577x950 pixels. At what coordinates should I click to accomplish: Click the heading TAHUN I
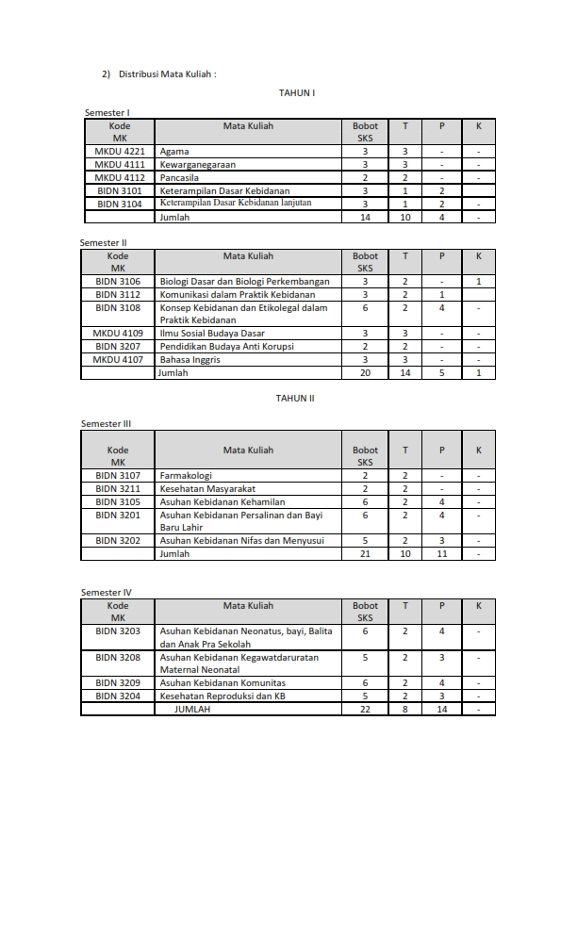[x=296, y=93]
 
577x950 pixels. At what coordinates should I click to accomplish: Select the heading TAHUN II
[x=295, y=399]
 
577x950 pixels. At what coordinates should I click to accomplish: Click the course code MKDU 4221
[x=120, y=151]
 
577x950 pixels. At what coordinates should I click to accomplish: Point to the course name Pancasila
[x=179, y=177]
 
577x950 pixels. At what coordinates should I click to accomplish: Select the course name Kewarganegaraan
[x=198, y=164]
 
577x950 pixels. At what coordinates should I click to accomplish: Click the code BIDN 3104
[x=120, y=204]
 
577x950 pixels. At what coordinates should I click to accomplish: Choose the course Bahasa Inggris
[x=190, y=360]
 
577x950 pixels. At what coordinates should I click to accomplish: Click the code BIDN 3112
[x=118, y=294]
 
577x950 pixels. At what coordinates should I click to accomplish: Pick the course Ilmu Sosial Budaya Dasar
[x=212, y=334]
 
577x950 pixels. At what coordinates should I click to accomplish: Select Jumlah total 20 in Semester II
[x=365, y=373]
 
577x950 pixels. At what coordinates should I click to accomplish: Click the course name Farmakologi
[x=186, y=476]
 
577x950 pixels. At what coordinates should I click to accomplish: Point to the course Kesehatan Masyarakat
[x=207, y=489]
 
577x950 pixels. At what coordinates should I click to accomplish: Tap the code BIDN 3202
[x=118, y=541]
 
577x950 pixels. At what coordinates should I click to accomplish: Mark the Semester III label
[x=105, y=424]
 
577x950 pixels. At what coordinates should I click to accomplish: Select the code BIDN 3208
[x=118, y=657]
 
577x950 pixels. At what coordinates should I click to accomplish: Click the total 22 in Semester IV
[x=366, y=710]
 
